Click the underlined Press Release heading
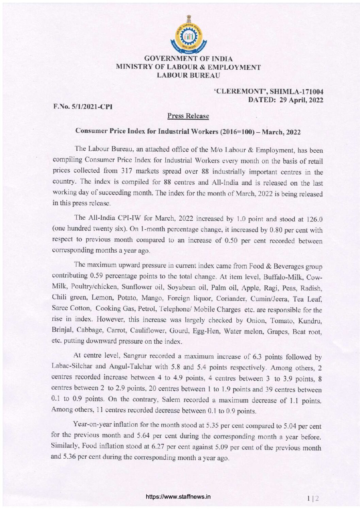tap(188, 116)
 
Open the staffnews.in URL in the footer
tap(178, 496)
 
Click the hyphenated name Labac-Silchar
tap(69, 367)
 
